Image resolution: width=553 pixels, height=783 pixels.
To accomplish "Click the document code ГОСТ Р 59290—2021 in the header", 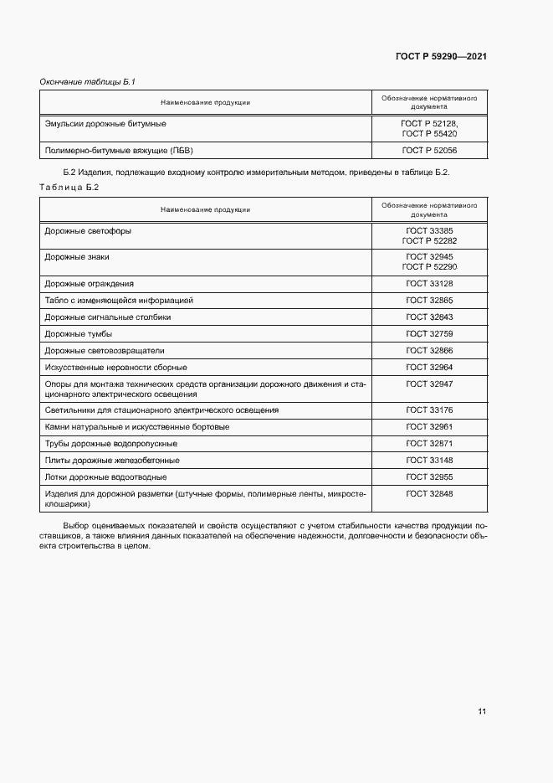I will point(441,57).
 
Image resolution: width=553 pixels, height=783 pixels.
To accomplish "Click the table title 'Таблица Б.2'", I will point(69,187).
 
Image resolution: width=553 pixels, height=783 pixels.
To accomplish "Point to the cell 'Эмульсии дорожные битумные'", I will point(105,123).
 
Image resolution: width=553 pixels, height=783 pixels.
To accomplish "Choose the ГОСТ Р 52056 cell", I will point(429,151).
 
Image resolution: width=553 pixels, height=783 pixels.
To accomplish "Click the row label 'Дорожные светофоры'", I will point(88,230).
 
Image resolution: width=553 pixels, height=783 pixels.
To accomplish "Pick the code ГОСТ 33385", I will point(429,230).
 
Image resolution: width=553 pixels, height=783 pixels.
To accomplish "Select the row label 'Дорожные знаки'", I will point(77,257).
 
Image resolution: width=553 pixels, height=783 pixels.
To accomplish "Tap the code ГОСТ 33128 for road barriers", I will point(429,284).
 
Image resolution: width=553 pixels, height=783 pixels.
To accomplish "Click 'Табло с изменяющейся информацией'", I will point(119,300).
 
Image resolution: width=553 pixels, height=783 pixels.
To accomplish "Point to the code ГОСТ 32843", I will point(429,317).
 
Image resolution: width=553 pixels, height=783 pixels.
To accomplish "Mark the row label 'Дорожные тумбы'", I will point(79,333).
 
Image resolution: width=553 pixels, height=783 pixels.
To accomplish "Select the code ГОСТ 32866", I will point(429,350).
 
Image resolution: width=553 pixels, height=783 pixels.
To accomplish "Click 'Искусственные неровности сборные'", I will point(115,367).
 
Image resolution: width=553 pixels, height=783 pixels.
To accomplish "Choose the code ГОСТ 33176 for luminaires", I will point(429,410).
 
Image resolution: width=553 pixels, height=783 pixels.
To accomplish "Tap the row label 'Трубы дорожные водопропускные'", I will point(110,443).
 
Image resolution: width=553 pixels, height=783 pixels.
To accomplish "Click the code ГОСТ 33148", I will point(429,460).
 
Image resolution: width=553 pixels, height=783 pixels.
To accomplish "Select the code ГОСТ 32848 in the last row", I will point(429,494).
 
